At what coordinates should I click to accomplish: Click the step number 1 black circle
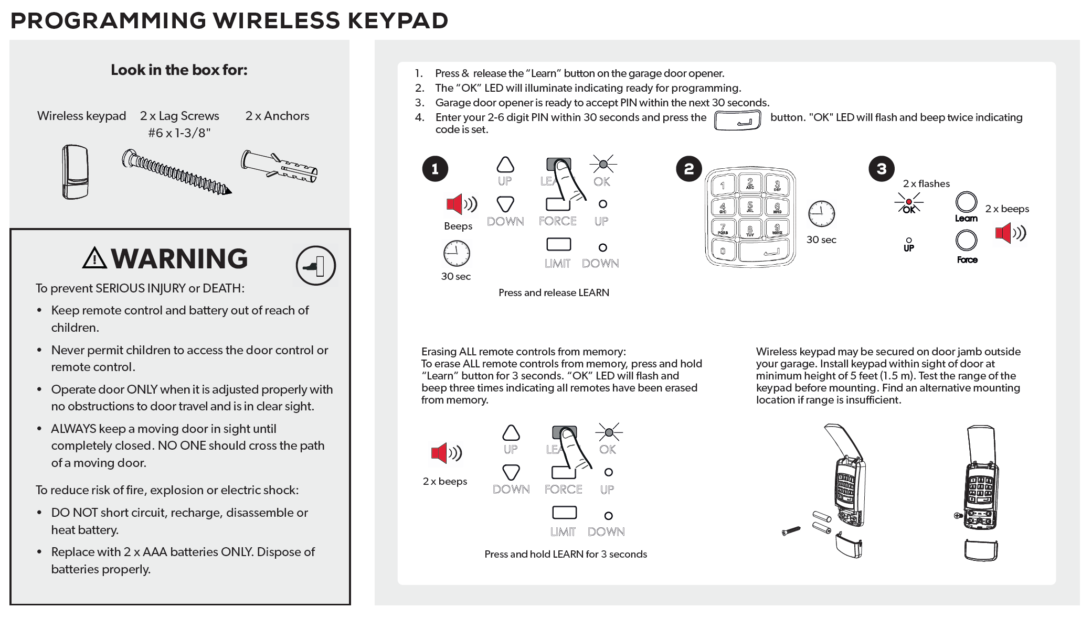coord(435,169)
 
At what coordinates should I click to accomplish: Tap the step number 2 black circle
coord(688,169)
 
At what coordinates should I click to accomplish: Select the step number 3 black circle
coord(881,169)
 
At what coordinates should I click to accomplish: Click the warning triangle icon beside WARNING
coord(94,258)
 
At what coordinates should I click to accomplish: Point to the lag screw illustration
coord(176,172)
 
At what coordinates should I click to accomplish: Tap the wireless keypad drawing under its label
coord(75,172)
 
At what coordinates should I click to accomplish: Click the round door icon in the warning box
coord(315,266)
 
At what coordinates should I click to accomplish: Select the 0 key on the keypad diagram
coord(723,251)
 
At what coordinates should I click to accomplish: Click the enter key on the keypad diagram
coord(766,252)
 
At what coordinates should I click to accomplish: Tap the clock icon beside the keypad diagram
coord(821,214)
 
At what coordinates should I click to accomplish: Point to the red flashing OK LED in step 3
coord(909,202)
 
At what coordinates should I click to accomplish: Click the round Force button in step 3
coord(966,241)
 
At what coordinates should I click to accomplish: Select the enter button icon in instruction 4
coord(737,121)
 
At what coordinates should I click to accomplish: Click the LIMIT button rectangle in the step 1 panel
coord(558,244)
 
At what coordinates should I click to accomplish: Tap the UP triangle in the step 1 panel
coord(505,165)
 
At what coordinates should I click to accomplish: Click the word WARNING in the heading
coord(179,258)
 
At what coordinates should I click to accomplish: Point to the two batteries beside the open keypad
coord(821,522)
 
